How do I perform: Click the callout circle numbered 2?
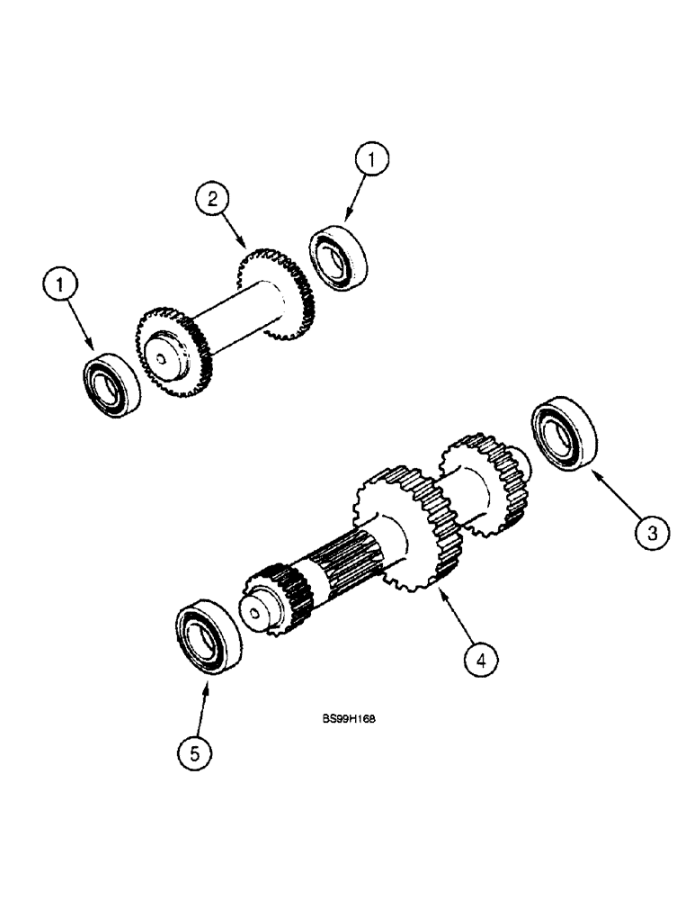pos(212,200)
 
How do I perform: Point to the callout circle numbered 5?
pos(193,751)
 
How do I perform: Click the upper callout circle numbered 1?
pos(373,163)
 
